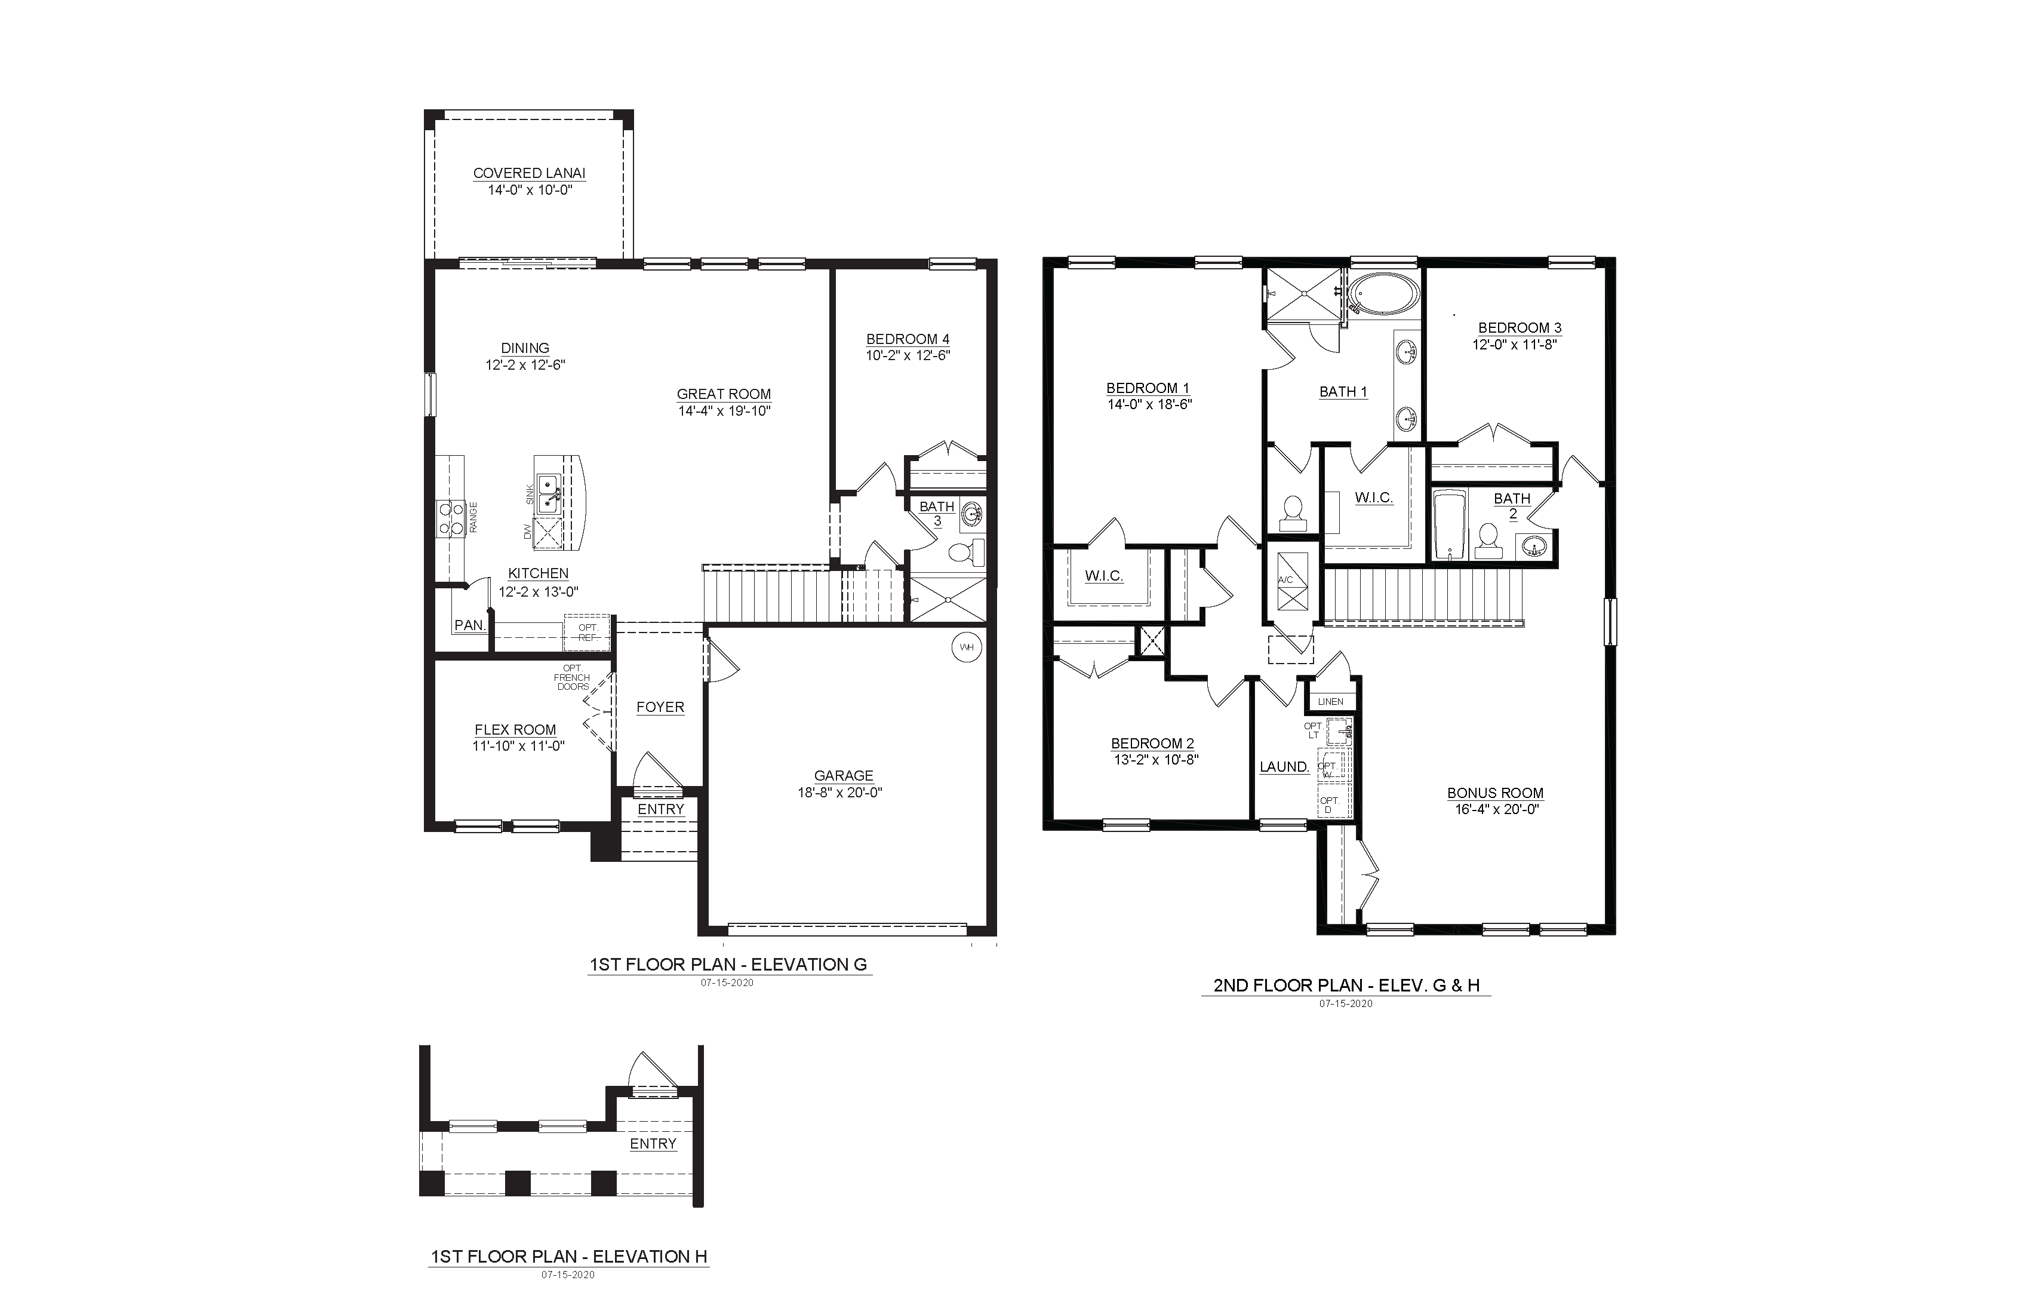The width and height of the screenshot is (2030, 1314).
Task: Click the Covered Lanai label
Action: [x=529, y=173]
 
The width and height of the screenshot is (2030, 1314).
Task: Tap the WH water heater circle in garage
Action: [x=967, y=647]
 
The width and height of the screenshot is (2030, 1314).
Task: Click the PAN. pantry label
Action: [x=469, y=625]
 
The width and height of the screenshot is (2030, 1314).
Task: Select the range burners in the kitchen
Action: [x=450, y=518]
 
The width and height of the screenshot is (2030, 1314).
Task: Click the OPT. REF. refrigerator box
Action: [x=587, y=633]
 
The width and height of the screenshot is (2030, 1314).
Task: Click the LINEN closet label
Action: [x=1331, y=701]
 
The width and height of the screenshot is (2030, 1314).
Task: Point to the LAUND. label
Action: [x=1284, y=767]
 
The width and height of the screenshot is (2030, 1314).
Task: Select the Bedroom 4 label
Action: [x=908, y=339]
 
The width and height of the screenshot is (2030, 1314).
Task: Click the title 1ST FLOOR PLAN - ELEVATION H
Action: [x=569, y=1256]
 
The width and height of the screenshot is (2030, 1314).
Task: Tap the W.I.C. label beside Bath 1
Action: [x=1374, y=498]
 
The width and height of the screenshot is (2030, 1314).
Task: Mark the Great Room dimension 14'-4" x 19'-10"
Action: [x=724, y=412]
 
